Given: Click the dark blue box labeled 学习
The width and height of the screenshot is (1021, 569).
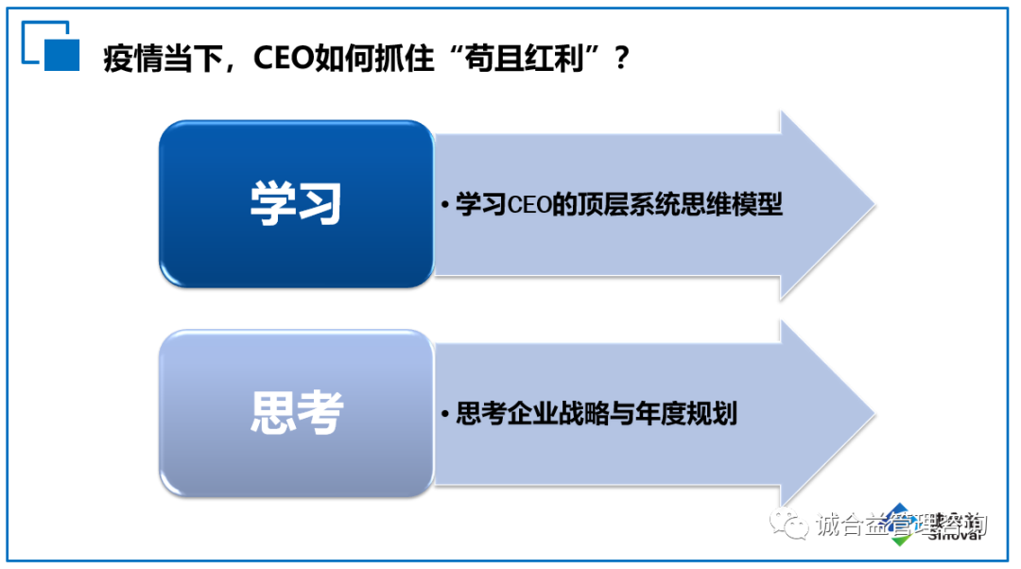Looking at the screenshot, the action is tap(296, 204).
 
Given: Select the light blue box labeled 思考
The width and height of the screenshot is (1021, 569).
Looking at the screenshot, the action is tap(296, 413).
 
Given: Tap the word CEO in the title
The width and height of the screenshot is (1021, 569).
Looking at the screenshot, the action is tap(286, 59).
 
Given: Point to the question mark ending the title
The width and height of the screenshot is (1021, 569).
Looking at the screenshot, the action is tap(620, 59).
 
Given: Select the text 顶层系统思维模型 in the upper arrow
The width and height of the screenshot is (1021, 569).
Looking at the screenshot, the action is tap(675, 204).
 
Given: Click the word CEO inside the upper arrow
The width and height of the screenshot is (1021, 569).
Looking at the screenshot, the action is tap(529, 205).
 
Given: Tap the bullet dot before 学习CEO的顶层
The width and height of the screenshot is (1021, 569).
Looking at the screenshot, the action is tap(443, 206).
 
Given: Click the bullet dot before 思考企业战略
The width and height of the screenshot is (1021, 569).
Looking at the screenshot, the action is tap(443, 415).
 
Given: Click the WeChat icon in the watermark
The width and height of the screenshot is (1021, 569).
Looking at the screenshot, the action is tap(788, 526).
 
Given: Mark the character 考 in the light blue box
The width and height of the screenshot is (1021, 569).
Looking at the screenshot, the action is tap(319, 413).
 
